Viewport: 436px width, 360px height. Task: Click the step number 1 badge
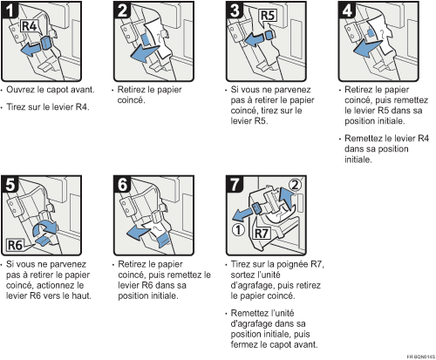(10, 10)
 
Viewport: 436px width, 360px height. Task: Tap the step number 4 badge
(347, 10)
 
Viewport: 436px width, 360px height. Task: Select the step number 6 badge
(122, 185)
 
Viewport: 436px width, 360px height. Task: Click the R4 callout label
(29, 26)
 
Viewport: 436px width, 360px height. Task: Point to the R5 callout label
(268, 16)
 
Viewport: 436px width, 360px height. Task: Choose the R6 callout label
(15, 245)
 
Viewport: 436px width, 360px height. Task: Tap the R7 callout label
(261, 233)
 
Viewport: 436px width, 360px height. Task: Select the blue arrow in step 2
(144, 53)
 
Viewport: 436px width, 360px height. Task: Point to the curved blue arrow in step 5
(44, 228)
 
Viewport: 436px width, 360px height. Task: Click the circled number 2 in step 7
(295, 185)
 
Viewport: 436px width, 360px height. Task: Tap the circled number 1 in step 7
(238, 230)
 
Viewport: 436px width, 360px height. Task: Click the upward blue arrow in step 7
(286, 199)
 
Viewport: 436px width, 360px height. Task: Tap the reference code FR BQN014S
(420, 357)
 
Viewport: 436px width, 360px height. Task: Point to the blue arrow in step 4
(367, 48)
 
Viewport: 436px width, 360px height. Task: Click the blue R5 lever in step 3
(269, 35)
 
